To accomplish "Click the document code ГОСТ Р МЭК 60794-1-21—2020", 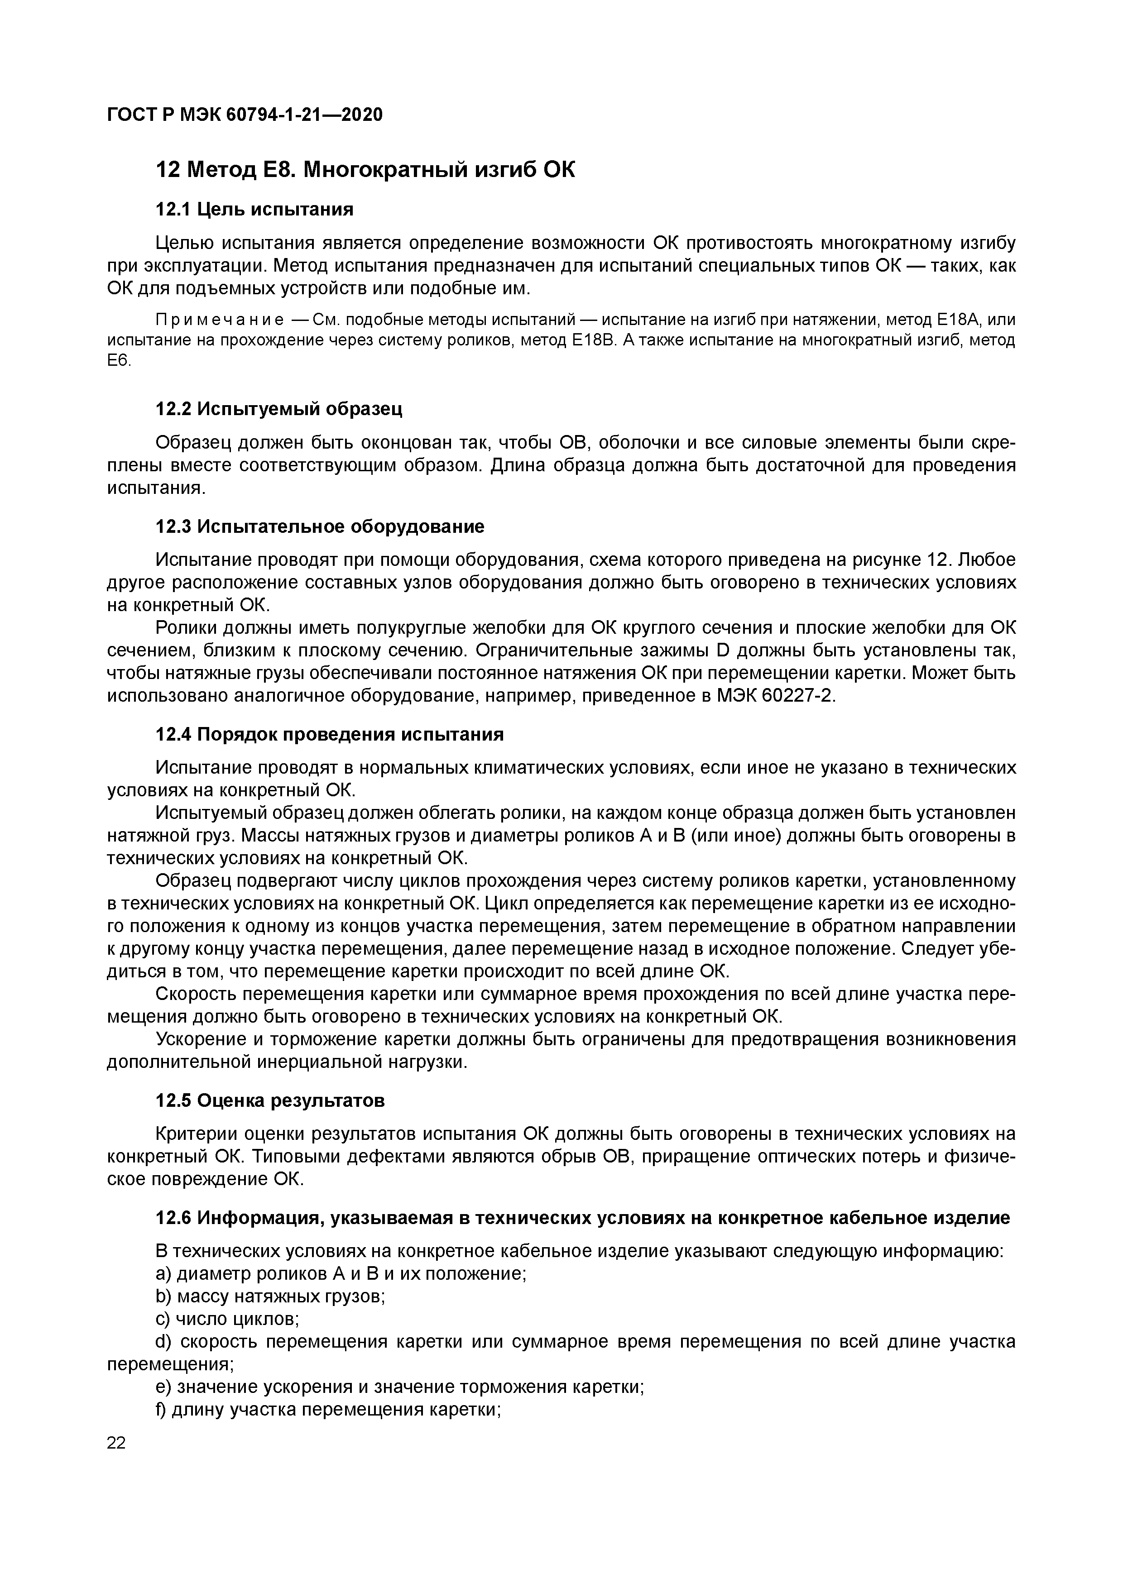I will coord(244,115).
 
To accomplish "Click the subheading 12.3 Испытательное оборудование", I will coord(320,526).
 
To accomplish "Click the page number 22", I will coord(116,1443).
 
